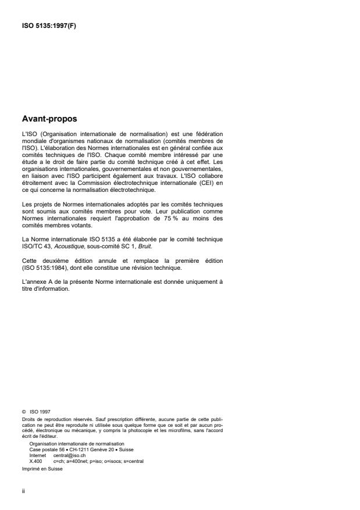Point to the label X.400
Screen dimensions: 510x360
pos(34,461)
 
